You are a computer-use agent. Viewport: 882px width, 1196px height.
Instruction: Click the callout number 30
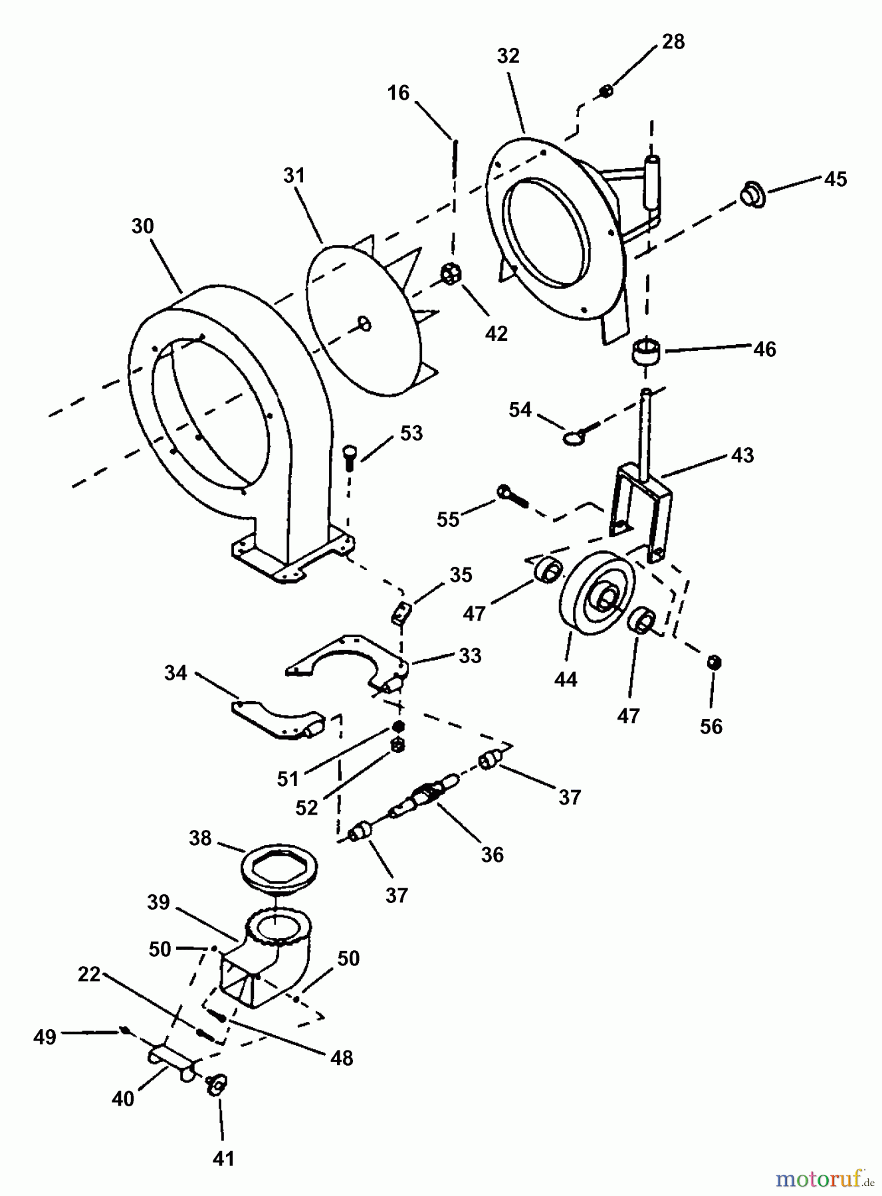coord(142,227)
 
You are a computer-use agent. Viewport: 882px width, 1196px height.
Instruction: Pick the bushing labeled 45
coord(753,195)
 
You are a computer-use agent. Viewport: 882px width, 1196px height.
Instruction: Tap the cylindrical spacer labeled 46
coord(644,351)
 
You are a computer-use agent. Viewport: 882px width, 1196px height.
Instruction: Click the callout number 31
coord(294,176)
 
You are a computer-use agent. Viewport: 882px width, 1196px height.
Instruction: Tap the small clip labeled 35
coord(400,612)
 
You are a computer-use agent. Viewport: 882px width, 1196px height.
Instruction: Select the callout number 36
coord(492,854)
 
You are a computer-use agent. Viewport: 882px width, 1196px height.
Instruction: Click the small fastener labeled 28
coord(606,90)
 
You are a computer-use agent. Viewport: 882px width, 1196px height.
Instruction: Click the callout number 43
coord(742,455)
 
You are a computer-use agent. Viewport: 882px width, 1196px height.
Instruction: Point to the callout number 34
coord(175,673)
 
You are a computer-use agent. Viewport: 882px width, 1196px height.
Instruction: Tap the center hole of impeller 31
coord(365,324)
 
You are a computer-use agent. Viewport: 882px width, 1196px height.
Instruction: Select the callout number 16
coord(398,94)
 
